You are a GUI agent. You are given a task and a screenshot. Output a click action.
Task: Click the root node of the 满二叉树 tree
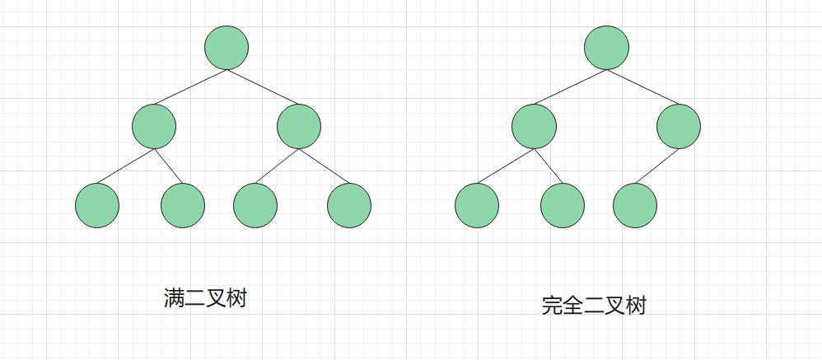[227, 48]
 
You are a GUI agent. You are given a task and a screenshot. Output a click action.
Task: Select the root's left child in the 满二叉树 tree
[154, 126]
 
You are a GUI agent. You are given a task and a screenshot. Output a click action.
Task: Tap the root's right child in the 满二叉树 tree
[299, 126]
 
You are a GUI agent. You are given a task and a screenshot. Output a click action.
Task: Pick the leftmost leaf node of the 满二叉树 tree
[97, 205]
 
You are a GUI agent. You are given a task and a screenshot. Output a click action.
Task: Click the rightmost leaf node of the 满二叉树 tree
[349, 205]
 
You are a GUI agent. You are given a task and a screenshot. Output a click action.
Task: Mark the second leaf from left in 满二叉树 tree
[183, 205]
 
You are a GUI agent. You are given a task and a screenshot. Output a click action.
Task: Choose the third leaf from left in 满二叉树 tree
[255, 205]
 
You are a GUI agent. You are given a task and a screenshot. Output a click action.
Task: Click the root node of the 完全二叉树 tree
[607, 48]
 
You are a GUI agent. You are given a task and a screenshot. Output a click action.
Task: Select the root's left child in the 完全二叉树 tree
[534, 126]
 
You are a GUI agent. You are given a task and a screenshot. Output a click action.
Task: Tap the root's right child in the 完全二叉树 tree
[680, 126]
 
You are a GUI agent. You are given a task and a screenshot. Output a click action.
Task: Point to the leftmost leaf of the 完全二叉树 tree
[477, 205]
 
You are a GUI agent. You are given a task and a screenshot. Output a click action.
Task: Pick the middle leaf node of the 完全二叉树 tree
[563, 205]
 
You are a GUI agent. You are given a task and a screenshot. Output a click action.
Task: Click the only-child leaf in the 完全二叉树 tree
[635, 205]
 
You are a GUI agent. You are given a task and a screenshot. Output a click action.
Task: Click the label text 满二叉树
[206, 298]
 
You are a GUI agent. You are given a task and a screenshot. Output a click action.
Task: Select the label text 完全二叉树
[594, 306]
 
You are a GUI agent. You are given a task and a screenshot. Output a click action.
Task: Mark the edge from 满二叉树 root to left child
[190, 87]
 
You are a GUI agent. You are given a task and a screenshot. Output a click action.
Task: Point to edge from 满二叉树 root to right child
[263, 87]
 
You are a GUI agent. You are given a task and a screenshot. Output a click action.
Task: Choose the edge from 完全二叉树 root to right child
[643, 87]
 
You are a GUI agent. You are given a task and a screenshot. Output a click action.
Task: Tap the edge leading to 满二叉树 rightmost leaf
[325, 166]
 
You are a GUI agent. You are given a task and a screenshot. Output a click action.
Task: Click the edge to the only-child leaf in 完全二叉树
[657, 166]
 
